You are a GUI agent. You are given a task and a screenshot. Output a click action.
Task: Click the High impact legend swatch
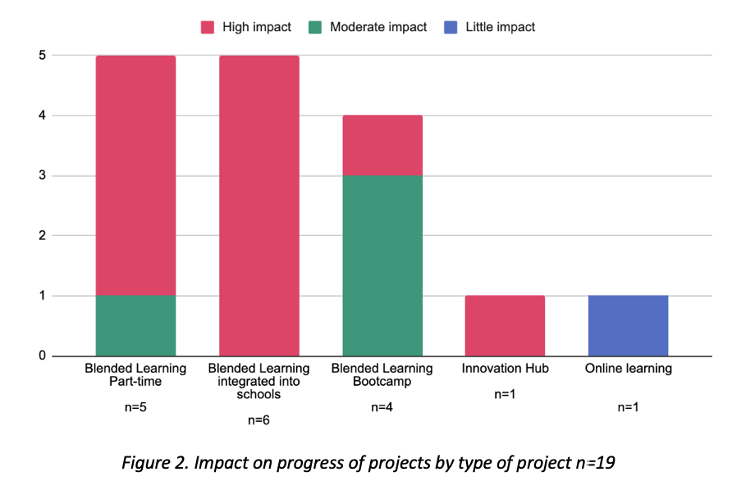pyautogui.click(x=208, y=27)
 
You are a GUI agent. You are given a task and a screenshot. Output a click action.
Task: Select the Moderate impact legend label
pyautogui.click(x=378, y=27)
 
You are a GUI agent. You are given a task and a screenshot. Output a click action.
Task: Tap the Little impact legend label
pyautogui.click(x=500, y=27)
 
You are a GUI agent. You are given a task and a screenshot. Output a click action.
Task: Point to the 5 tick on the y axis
pyautogui.click(x=42, y=55)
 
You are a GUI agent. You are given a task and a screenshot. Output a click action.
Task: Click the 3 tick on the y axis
pyautogui.click(x=42, y=175)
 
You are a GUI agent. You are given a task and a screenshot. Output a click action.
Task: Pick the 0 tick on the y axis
pyautogui.click(x=42, y=356)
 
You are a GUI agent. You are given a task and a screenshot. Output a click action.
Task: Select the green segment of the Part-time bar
pyautogui.click(x=135, y=325)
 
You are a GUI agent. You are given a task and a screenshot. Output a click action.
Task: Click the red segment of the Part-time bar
pyautogui.click(x=135, y=175)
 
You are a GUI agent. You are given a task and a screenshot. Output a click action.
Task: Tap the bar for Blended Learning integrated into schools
pyautogui.click(x=258, y=205)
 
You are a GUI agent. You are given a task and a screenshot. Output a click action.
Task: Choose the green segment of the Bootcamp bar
pyautogui.click(x=382, y=265)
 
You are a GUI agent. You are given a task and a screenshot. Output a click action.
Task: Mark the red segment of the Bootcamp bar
pyautogui.click(x=382, y=145)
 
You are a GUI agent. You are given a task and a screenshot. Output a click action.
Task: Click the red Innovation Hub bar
pyautogui.click(x=505, y=325)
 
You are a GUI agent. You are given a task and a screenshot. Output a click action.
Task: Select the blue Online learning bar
pyautogui.click(x=628, y=325)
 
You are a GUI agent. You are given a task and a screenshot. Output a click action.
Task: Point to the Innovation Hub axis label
pyautogui.click(x=505, y=369)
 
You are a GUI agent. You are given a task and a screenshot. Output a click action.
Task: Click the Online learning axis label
pyautogui.click(x=628, y=369)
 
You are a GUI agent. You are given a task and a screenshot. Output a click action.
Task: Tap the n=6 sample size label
pyautogui.click(x=258, y=420)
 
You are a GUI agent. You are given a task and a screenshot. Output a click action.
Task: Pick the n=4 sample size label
pyautogui.click(x=382, y=407)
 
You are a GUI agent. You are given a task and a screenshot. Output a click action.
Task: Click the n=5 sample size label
pyautogui.click(x=135, y=407)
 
